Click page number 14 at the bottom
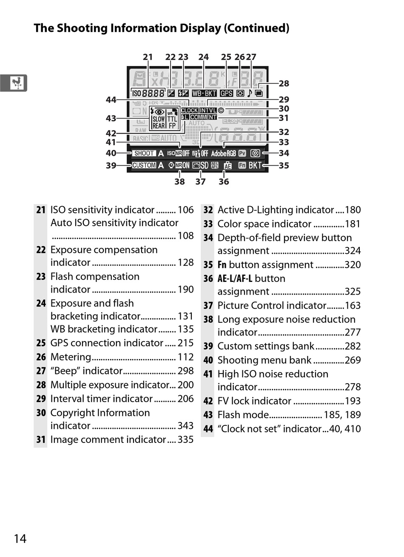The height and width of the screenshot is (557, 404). pyautogui.click(x=20, y=539)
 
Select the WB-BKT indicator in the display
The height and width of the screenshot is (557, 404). pyautogui.click(x=204, y=93)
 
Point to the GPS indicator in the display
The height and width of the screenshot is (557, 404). pyautogui.click(x=226, y=93)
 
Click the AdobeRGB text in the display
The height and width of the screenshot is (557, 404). pyautogui.click(x=223, y=153)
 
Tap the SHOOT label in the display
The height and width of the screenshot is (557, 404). pyautogui.click(x=144, y=153)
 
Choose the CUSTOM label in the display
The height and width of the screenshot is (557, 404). pyautogui.click(x=144, y=165)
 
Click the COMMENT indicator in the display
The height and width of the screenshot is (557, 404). pyautogui.click(x=203, y=117)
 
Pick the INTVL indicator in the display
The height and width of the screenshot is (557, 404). pyautogui.click(x=208, y=110)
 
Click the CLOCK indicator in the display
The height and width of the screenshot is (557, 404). pyautogui.click(x=189, y=110)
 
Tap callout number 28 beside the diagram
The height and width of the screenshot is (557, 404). pyautogui.click(x=284, y=83)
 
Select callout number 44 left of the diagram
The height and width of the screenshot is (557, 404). pyautogui.click(x=111, y=100)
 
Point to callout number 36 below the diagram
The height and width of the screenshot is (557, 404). pyautogui.click(x=224, y=182)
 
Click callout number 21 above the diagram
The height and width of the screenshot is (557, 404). pyautogui.click(x=148, y=57)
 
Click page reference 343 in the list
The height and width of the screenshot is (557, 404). pyautogui.click(x=185, y=426)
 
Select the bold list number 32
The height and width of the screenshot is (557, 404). pyautogui.click(x=208, y=210)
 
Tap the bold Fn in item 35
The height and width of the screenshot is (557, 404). pyautogui.click(x=222, y=265)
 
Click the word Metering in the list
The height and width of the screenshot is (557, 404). pyautogui.click(x=71, y=357)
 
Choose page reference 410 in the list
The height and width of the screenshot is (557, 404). pyautogui.click(x=353, y=429)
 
